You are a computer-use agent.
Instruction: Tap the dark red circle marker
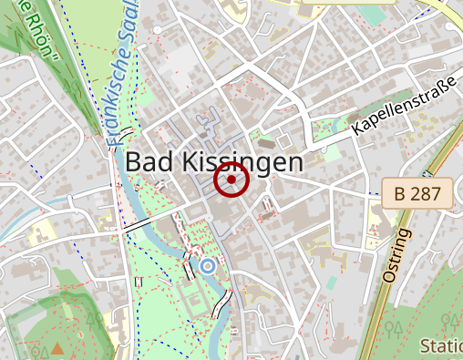(231, 180)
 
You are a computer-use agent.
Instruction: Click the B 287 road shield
(417, 193)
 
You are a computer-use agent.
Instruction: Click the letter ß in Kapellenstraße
(439, 98)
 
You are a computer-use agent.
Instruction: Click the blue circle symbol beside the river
(208, 266)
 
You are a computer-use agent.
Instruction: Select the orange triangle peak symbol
(58, 348)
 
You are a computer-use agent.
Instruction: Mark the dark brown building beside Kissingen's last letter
(265, 142)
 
